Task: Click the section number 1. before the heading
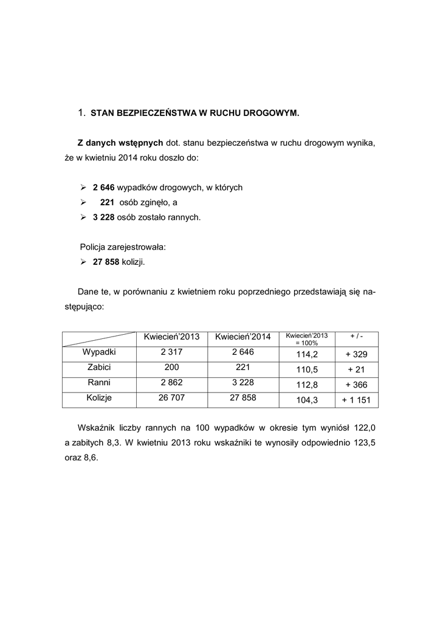click(x=82, y=112)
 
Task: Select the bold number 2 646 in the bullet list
click(x=103, y=188)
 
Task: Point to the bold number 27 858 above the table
click(x=106, y=262)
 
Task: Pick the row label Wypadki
click(x=99, y=352)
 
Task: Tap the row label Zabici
click(x=99, y=367)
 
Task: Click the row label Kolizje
click(x=99, y=398)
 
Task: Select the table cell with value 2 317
click(x=171, y=352)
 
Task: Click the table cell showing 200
click(x=171, y=367)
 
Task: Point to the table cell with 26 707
click(x=171, y=398)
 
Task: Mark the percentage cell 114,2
click(x=307, y=354)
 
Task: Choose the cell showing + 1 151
click(x=356, y=400)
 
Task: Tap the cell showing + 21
click(x=356, y=369)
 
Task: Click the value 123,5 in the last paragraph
click(x=363, y=443)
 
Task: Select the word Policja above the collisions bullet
click(x=94, y=247)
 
